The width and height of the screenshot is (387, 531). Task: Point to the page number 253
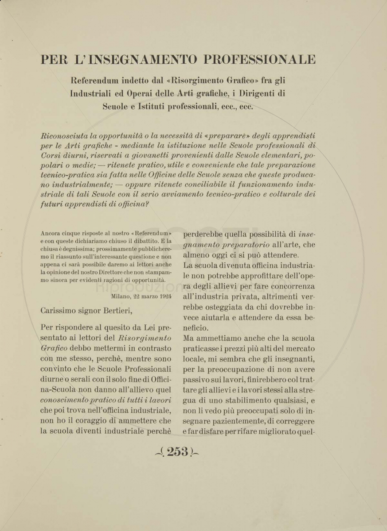coord(177,452)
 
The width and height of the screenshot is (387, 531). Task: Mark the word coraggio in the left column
coord(94,420)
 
